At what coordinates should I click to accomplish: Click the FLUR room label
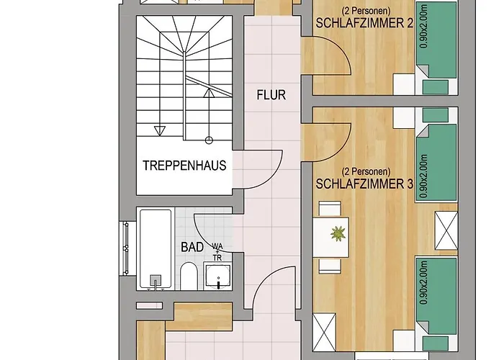pos(271,95)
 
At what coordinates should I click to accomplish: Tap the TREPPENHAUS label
pos(184,166)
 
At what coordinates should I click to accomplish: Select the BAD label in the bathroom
pos(192,247)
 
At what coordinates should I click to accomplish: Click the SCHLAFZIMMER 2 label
pos(364,23)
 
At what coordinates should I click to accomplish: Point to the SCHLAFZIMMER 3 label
pos(364,184)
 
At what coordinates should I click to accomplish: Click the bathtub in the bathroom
pos(156,249)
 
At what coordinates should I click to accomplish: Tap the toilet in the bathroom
pos(189,276)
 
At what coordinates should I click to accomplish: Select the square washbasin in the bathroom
pos(218,276)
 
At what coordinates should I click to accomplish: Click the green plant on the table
pos(338,233)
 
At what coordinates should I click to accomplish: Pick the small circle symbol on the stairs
pos(209,140)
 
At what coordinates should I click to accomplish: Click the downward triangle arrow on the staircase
pos(160,130)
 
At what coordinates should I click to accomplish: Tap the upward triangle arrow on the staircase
pos(209,93)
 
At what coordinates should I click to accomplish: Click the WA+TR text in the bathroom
pos(217,252)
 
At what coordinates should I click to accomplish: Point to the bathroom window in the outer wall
pos(126,248)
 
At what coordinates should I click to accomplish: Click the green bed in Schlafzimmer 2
pos(436,40)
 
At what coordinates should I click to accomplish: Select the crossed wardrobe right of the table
pos(446,230)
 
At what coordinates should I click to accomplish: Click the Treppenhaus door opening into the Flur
pos(257,169)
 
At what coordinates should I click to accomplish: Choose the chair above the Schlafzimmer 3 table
pos(330,209)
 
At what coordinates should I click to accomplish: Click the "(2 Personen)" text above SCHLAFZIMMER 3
pos(366,171)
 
